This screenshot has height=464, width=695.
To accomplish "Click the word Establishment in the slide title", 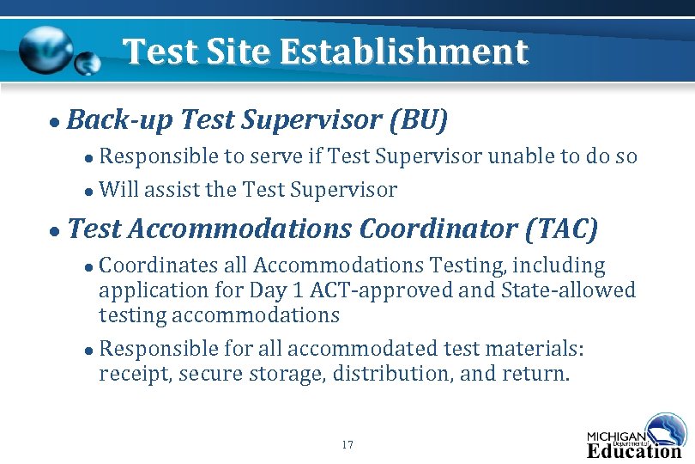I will click(403, 52).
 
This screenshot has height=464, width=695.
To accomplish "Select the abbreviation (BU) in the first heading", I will click(418, 120).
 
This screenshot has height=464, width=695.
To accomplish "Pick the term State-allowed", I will click(560, 290).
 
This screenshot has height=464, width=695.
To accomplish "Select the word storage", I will click(275, 374).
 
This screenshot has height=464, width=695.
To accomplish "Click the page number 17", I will click(347, 445).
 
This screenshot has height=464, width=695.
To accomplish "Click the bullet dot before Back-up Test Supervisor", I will click(54, 122).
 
